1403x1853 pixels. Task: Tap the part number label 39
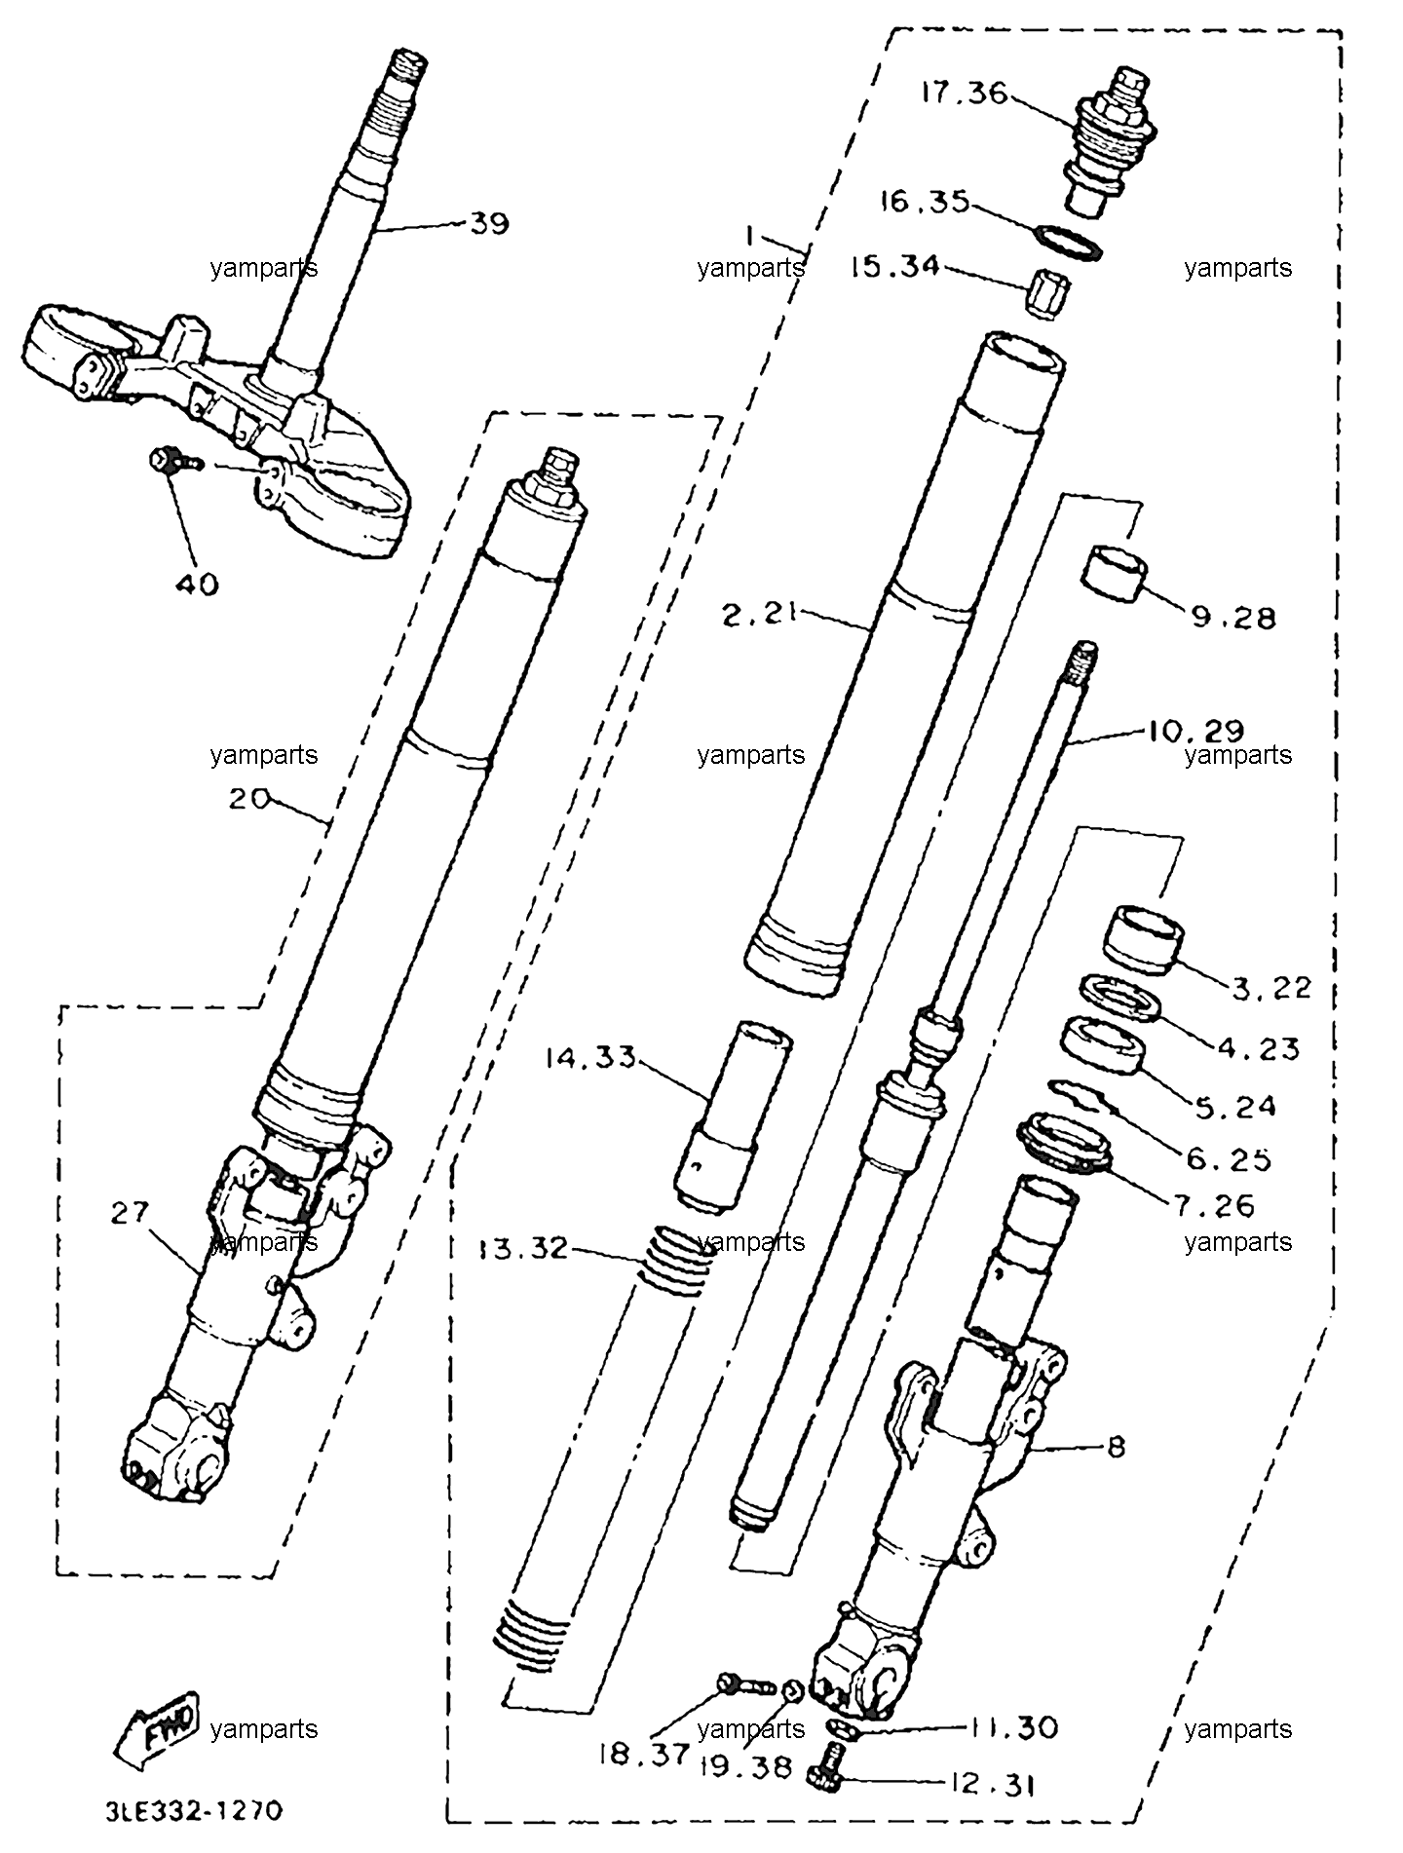(x=489, y=224)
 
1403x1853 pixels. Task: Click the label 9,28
(x=1232, y=617)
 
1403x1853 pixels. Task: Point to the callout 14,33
(x=590, y=1056)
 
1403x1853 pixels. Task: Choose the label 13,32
(x=523, y=1248)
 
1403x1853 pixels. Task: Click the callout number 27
(x=131, y=1212)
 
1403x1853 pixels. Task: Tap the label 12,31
(x=990, y=1785)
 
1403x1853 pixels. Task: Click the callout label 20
(x=250, y=798)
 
